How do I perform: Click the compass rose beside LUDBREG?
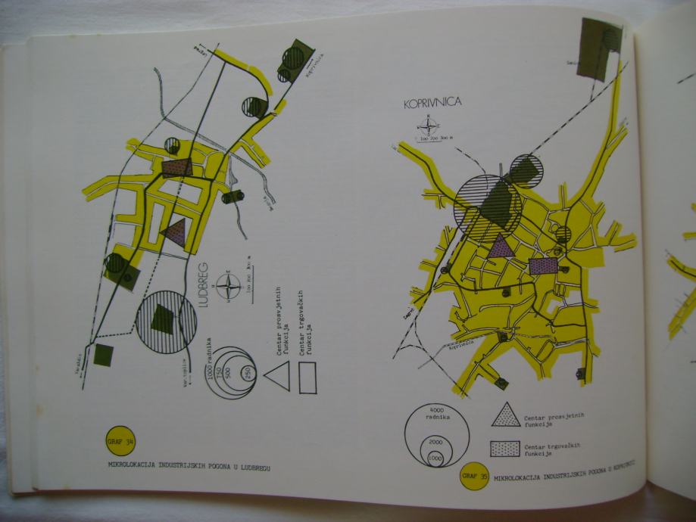click(x=228, y=287)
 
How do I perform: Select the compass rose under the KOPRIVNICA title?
click(x=428, y=128)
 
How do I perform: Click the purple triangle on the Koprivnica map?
click(x=499, y=245)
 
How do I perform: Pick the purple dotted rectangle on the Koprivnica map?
click(x=543, y=266)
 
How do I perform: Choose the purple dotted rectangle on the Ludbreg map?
click(x=177, y=167)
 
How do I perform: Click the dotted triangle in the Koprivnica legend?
click(x=505, y=415)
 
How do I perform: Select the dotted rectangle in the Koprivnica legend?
click(x=505, y=449)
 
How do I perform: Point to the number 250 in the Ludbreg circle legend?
click(x=247, y=371)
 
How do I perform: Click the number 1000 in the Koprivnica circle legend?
click(x=435, y=458)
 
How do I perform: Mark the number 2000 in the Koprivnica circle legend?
click(x=435, y=442)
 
